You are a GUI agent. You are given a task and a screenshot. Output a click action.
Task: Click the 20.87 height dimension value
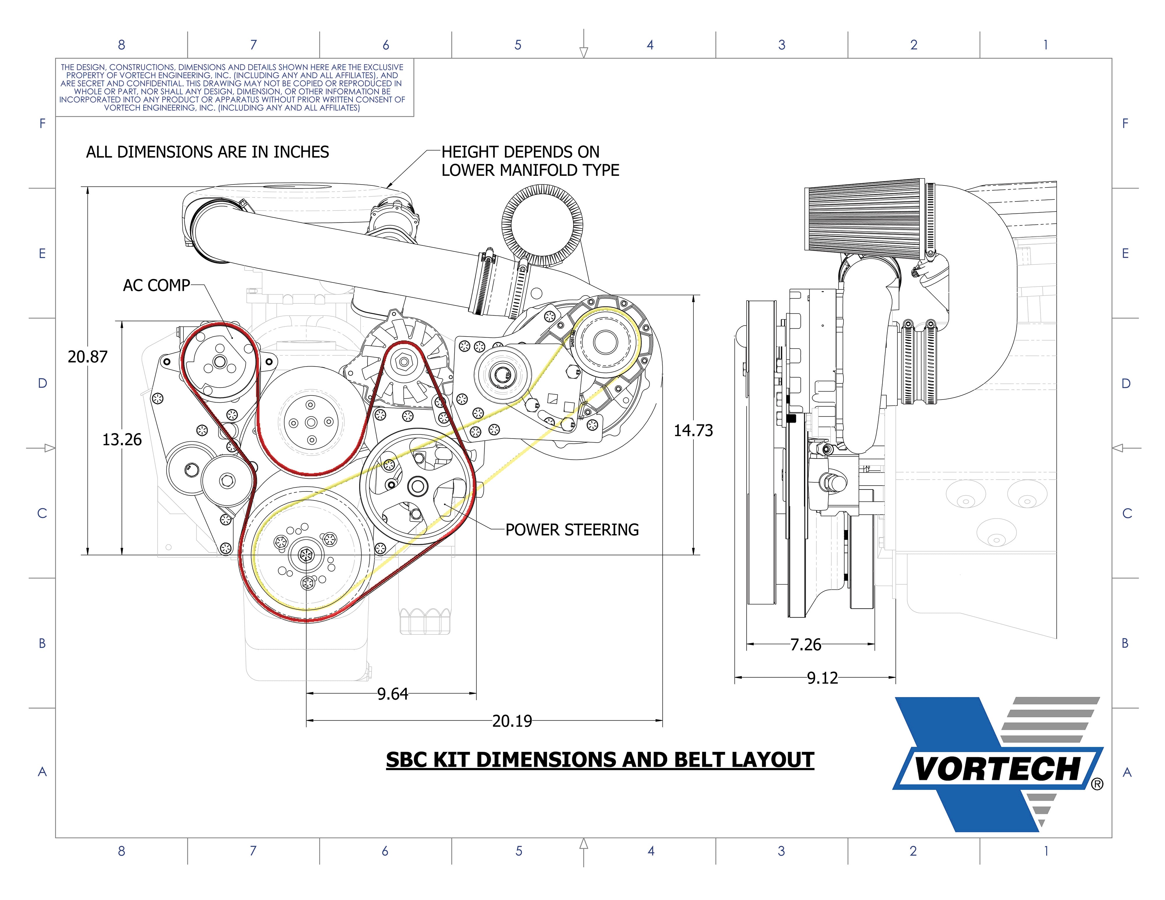[87, 357]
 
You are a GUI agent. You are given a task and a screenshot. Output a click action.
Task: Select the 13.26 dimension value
[122, 440]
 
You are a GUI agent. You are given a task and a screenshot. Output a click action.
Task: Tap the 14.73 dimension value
[693, 430]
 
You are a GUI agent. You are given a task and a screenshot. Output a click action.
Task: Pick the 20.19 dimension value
[512, 722]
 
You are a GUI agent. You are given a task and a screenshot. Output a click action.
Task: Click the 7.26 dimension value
[806, 645]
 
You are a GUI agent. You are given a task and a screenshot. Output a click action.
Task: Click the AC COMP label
[156, 286]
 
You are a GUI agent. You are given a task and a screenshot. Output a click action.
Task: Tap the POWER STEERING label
[572, 530]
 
